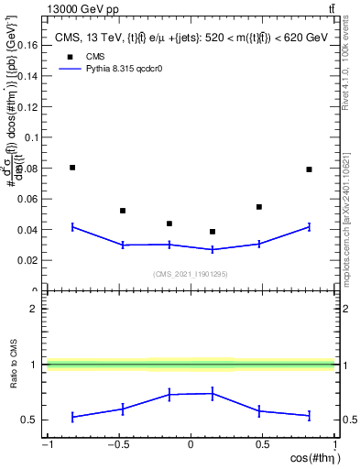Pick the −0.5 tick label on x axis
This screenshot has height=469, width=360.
point(118,446)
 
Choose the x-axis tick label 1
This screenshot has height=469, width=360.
point(333,446)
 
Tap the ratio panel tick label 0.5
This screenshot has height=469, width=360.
point(32,420)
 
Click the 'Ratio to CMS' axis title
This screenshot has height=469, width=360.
point(12,365)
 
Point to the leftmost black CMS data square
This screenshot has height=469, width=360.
point(72,168)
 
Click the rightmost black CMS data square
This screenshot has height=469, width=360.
point(310,169)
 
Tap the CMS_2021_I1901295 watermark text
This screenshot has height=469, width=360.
point(190,274)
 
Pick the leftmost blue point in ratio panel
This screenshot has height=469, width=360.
point(72,417)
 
